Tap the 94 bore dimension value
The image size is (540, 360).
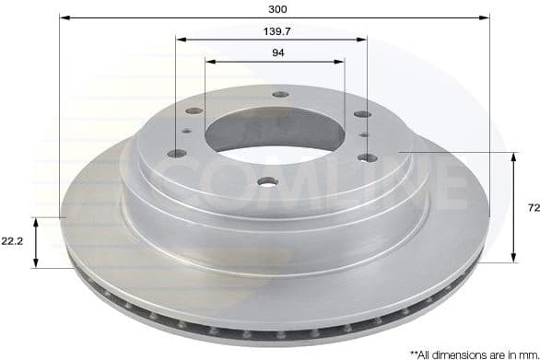click(x=276, y=53)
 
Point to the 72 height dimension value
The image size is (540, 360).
click(x=533, y=209)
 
